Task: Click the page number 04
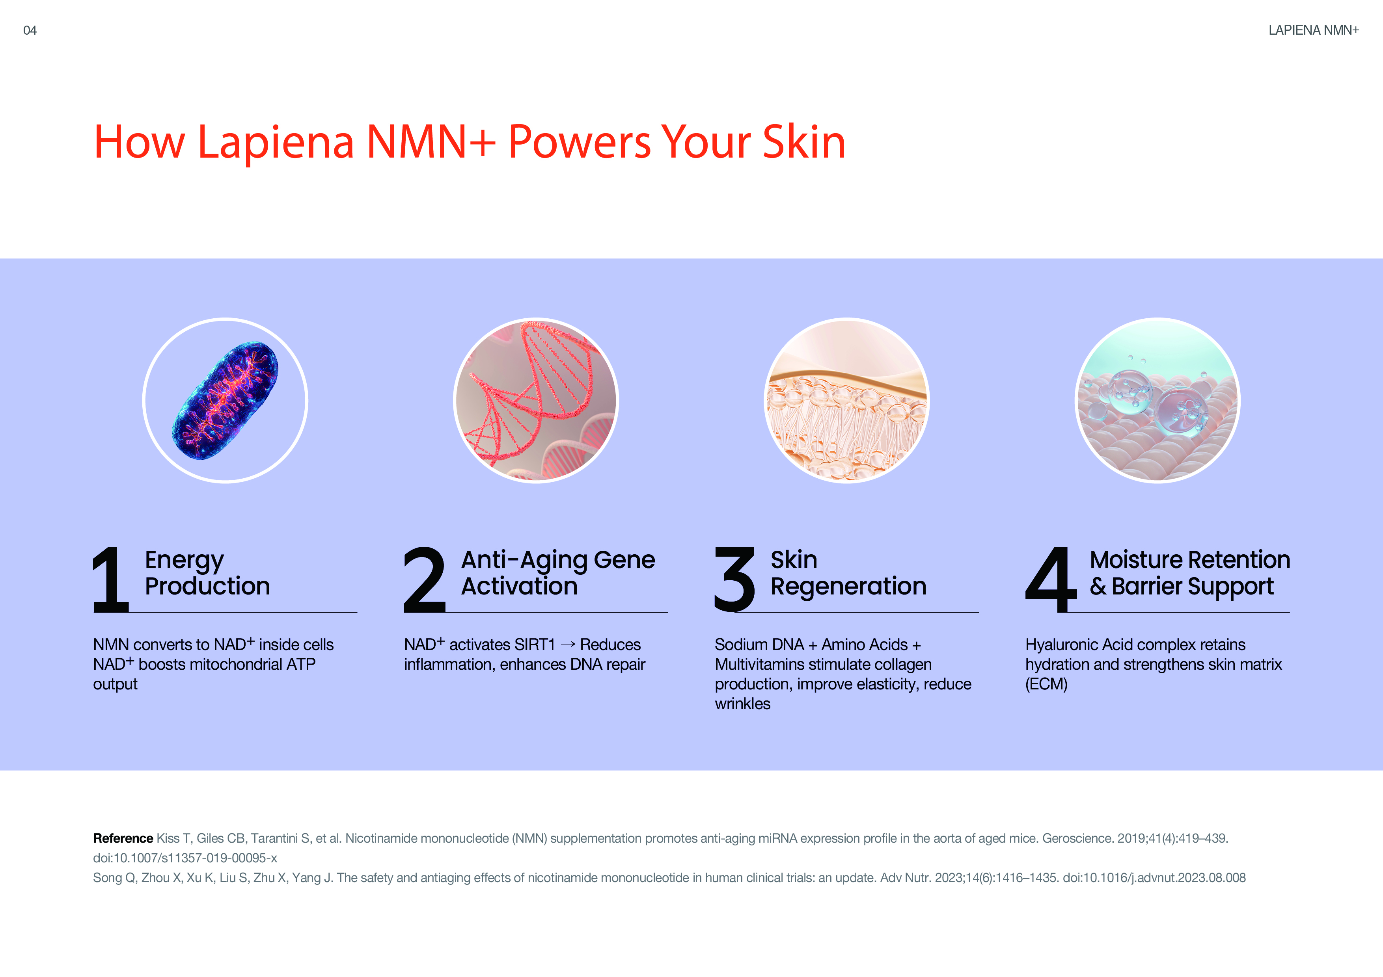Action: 30,30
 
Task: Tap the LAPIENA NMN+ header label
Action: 1313,30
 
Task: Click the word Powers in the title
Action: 580,142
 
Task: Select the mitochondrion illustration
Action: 225,400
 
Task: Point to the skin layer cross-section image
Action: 847,400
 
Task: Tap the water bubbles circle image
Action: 1158,400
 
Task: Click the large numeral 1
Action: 112,579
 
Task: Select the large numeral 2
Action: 425,579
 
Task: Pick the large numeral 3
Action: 735,579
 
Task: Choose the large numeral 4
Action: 1051,579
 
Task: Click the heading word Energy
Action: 185,561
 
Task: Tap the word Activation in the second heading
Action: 519,586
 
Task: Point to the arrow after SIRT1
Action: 567,645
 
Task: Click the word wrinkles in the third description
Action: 743,704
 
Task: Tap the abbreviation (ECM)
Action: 1046,684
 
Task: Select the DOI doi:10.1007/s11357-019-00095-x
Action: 185,858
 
